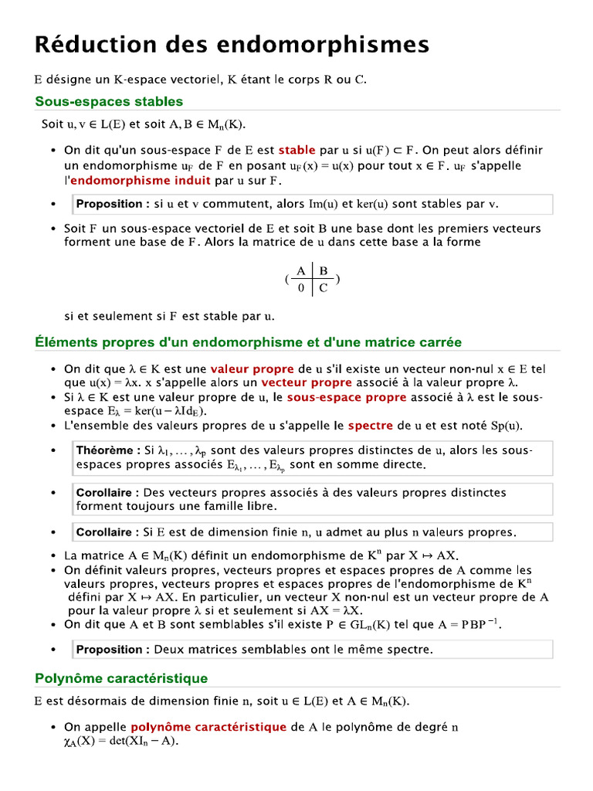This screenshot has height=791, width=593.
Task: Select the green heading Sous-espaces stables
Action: click(109, 101)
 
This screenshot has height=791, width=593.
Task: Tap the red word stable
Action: click(296, 150)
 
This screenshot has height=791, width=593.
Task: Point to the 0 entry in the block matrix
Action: click(300, 288)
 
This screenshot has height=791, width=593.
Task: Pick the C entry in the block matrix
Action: click(324, 288)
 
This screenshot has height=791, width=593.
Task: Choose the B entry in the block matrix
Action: click(324, 270)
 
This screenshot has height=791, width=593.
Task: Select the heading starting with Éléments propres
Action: click(248, 341)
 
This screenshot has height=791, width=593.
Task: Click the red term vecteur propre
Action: click(306, 382)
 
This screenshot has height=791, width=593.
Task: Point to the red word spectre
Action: click(370, 426)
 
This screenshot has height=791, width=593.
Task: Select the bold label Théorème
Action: click(107, 450)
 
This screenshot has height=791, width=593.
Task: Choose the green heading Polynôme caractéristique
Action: click(121, 678)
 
